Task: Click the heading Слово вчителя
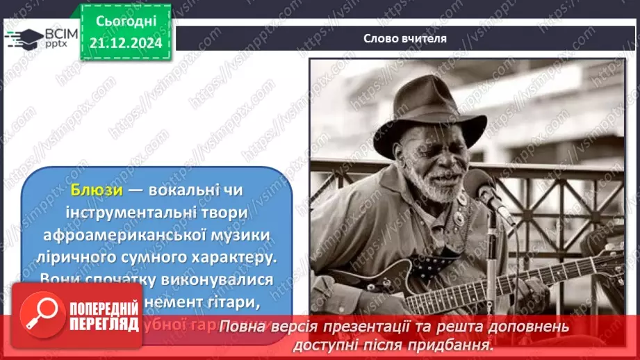click(404, 38)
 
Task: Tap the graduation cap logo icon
click(24, 37)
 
